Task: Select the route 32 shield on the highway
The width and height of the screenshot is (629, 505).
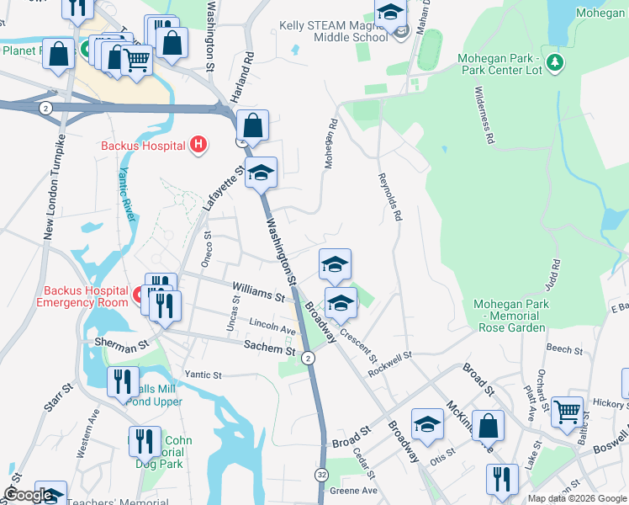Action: tap(321, 476)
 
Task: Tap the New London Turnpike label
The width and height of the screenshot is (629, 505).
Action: tap(52, 185)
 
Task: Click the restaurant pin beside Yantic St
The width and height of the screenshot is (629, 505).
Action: tap(124, 381)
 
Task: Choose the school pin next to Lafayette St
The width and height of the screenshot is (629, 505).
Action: tap(261, 173)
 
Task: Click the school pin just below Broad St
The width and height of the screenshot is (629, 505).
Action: tap(427, 424)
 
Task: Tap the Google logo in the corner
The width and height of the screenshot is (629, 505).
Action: tap(28, 496)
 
